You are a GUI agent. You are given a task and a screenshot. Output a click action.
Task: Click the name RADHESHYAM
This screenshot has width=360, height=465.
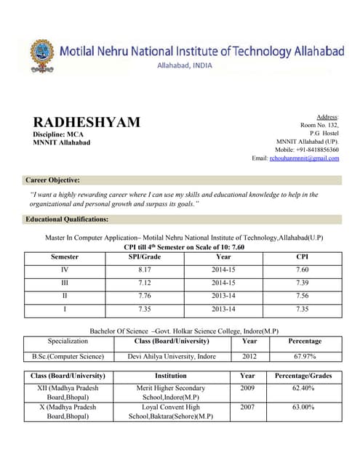click(87, 122)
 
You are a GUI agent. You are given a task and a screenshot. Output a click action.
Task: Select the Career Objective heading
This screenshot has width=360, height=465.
click(52, 179)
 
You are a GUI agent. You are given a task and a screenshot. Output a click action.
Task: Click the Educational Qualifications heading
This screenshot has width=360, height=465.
click(67, 219)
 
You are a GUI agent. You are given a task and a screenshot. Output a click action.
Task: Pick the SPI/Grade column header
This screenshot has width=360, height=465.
click(144, 256)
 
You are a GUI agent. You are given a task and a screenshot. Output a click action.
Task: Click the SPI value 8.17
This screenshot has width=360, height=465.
click(144, 270)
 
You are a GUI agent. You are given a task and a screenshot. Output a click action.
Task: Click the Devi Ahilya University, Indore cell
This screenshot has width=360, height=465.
click(172, 356)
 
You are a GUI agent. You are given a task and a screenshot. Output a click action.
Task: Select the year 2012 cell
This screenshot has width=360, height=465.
click(249, 356)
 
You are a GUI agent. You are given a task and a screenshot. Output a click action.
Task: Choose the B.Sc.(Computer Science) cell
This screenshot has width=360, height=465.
click(68, 356)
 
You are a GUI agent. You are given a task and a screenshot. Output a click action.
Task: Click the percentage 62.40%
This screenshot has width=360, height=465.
click(303, 389)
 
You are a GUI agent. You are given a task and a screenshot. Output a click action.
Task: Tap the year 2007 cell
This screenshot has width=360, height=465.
click(247, 408)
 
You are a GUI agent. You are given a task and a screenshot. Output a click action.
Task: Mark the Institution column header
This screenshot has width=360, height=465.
click(171, 376)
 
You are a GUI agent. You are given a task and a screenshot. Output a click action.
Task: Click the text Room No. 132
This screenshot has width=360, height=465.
click(320, 125)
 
